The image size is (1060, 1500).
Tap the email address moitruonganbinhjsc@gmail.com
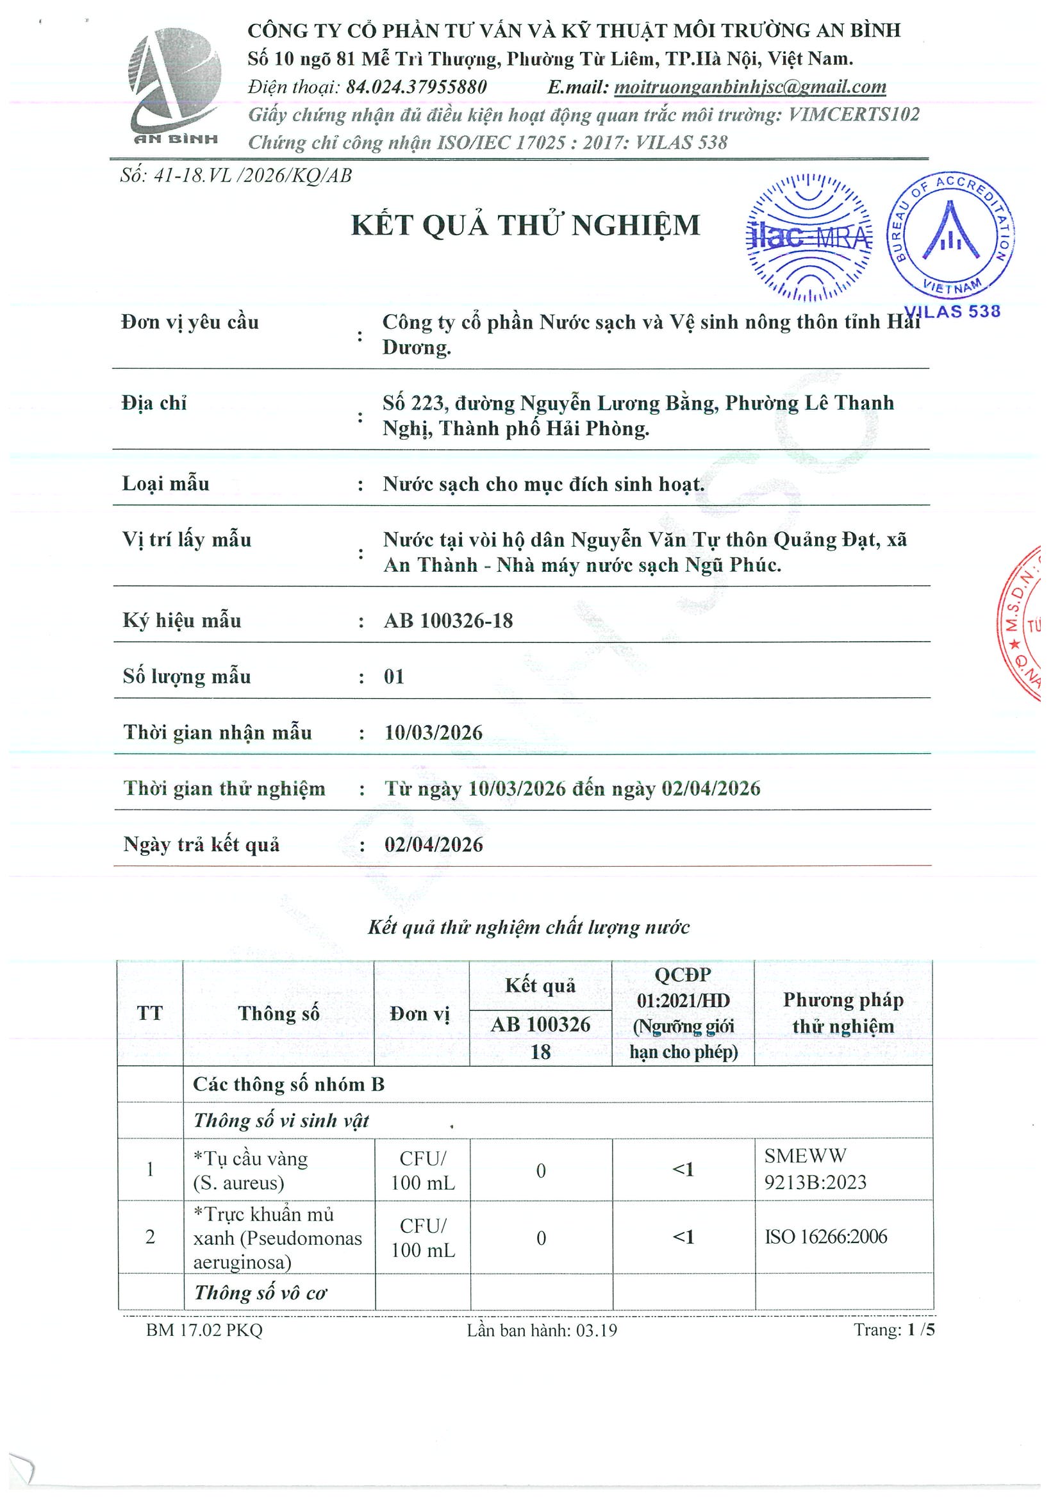pos(750,87)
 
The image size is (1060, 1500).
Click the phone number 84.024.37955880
pos(416,87)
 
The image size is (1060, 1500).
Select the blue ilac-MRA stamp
pos(809,237)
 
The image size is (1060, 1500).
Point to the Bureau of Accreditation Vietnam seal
pos(950,237)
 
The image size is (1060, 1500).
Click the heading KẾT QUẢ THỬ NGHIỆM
pos(525,226)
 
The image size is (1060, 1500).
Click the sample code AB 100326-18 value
pos(448,621)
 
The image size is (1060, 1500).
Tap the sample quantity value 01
pos(394,676)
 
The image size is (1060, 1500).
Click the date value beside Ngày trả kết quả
pos(433,845)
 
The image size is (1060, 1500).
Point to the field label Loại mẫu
pos(166,484)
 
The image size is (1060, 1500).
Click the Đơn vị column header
pos(420,1013)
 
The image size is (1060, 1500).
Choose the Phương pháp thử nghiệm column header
pos(843,1013)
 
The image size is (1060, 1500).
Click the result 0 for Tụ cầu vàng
pos(541,1171)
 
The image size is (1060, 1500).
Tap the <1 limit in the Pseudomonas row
pos(683,1237)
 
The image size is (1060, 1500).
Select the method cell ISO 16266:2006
pos(825,1237)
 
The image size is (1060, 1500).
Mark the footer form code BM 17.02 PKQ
pos(204,1330)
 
